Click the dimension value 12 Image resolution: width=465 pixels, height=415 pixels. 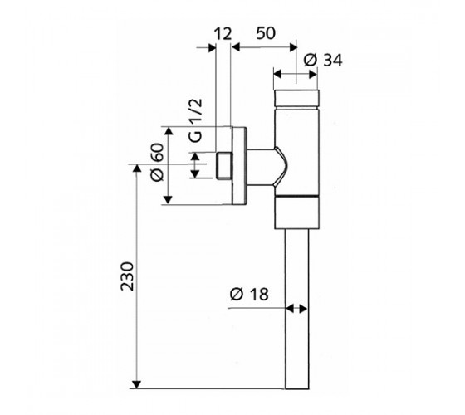click(x=223, y=34)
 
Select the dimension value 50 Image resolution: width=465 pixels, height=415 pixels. click(x=266, y=33)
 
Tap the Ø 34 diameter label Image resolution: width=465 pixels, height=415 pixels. click(x=323, y=60)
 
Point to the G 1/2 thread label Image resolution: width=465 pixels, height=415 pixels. click(x=196, y=120)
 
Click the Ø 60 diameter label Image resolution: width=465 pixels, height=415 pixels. click(x=157, y=162)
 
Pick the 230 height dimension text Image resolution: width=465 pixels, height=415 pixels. click(x=128, y=276)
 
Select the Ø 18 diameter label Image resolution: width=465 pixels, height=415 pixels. click(x=249, y=295)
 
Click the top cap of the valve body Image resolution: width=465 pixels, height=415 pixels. click(x=296, y=99)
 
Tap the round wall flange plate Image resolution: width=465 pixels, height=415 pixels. click(x=239, y=166)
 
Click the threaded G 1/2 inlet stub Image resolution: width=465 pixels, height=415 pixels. click(x=223, y=165)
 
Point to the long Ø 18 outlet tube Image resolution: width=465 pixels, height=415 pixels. click(x=297, y=309)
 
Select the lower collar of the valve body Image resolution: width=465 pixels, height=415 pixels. click(x=296, y=212)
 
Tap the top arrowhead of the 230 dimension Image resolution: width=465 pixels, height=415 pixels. click(x=136, y=168)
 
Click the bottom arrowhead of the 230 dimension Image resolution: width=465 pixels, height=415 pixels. click(x=136, y=385)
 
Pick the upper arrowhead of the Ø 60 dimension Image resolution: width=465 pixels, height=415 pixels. click(x=168, y=131)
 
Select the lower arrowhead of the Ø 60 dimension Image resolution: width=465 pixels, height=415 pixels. click(x=168, y=200)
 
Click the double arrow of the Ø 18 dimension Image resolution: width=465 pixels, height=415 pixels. click(x=296, y=309)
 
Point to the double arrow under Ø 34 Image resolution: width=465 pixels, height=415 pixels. click(x=296, y=74)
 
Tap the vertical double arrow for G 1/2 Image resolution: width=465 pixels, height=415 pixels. click(x=195, y=165)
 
